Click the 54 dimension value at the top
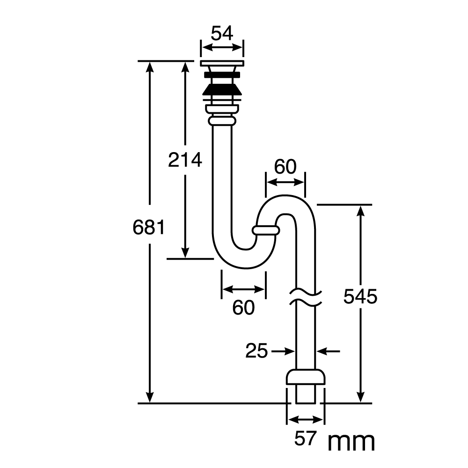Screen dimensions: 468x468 click(x=222, y=33)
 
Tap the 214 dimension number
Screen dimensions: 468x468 click(x=185, y=160)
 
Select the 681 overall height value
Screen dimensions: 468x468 click(x=149, y=227)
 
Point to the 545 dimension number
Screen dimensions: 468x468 click(x=360, y=296)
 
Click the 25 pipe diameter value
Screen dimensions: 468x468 click(x=256, y=351)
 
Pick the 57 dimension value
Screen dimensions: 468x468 click(x=305, y=439)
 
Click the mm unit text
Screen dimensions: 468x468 click(x=351, y=442)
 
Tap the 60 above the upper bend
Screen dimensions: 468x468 click(x=285, y=167)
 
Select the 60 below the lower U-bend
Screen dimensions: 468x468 click(x=243, y=307)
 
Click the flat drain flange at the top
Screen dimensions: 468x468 click(x=222, y=63)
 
